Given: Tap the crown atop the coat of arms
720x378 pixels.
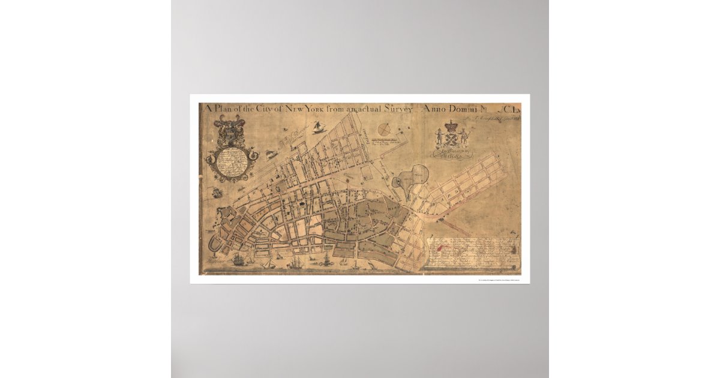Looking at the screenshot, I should pyautogui.click(x=451, y=125).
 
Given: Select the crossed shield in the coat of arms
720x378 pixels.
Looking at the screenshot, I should pyautogui.click(x=451, y=139).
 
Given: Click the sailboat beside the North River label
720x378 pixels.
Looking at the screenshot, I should pyautogui.click(x=317, y=127).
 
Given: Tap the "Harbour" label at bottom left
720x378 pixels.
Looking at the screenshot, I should pyautogui.click(x=216, y=262).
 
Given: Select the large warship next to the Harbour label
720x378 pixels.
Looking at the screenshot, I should pyautogui.click(x=239, y=260).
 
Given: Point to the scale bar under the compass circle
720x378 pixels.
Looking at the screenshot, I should pyautogui.click(x=387, y=142).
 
